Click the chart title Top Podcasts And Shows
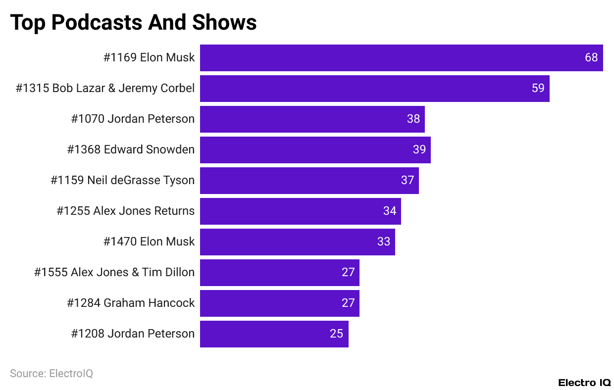click(133, 22)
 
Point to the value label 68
click(591, 58)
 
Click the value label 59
click(538, 89)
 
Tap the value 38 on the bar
click(413, 119)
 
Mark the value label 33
click(384, 242)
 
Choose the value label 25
click(337, 334)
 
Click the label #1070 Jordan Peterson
click(133, 119)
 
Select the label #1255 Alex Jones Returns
click(126, 211)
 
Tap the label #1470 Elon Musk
click(149, 242)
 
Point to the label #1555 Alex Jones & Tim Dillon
click(114, 273)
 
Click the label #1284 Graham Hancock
click(131, 303)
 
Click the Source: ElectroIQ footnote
click(51, 374)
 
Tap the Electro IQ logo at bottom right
click(584, 383)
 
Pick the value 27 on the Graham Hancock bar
click(348, 303)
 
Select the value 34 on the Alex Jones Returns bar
click(390, 211)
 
